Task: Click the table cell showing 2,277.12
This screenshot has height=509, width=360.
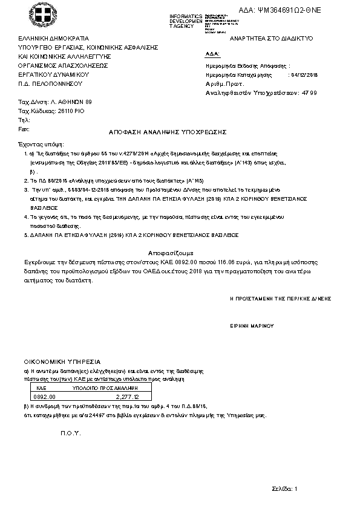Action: click(x=127, y=397)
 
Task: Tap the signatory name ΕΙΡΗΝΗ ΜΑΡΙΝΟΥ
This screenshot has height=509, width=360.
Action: click(x=252, y=325)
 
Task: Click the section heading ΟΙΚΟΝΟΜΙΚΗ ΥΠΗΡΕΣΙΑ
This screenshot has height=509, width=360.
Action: click(x=62, y=361)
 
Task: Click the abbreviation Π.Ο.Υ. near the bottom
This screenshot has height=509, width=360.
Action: click(x=70, y=434)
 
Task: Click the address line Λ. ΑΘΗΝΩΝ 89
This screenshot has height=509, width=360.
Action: click(x=67, y=102)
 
